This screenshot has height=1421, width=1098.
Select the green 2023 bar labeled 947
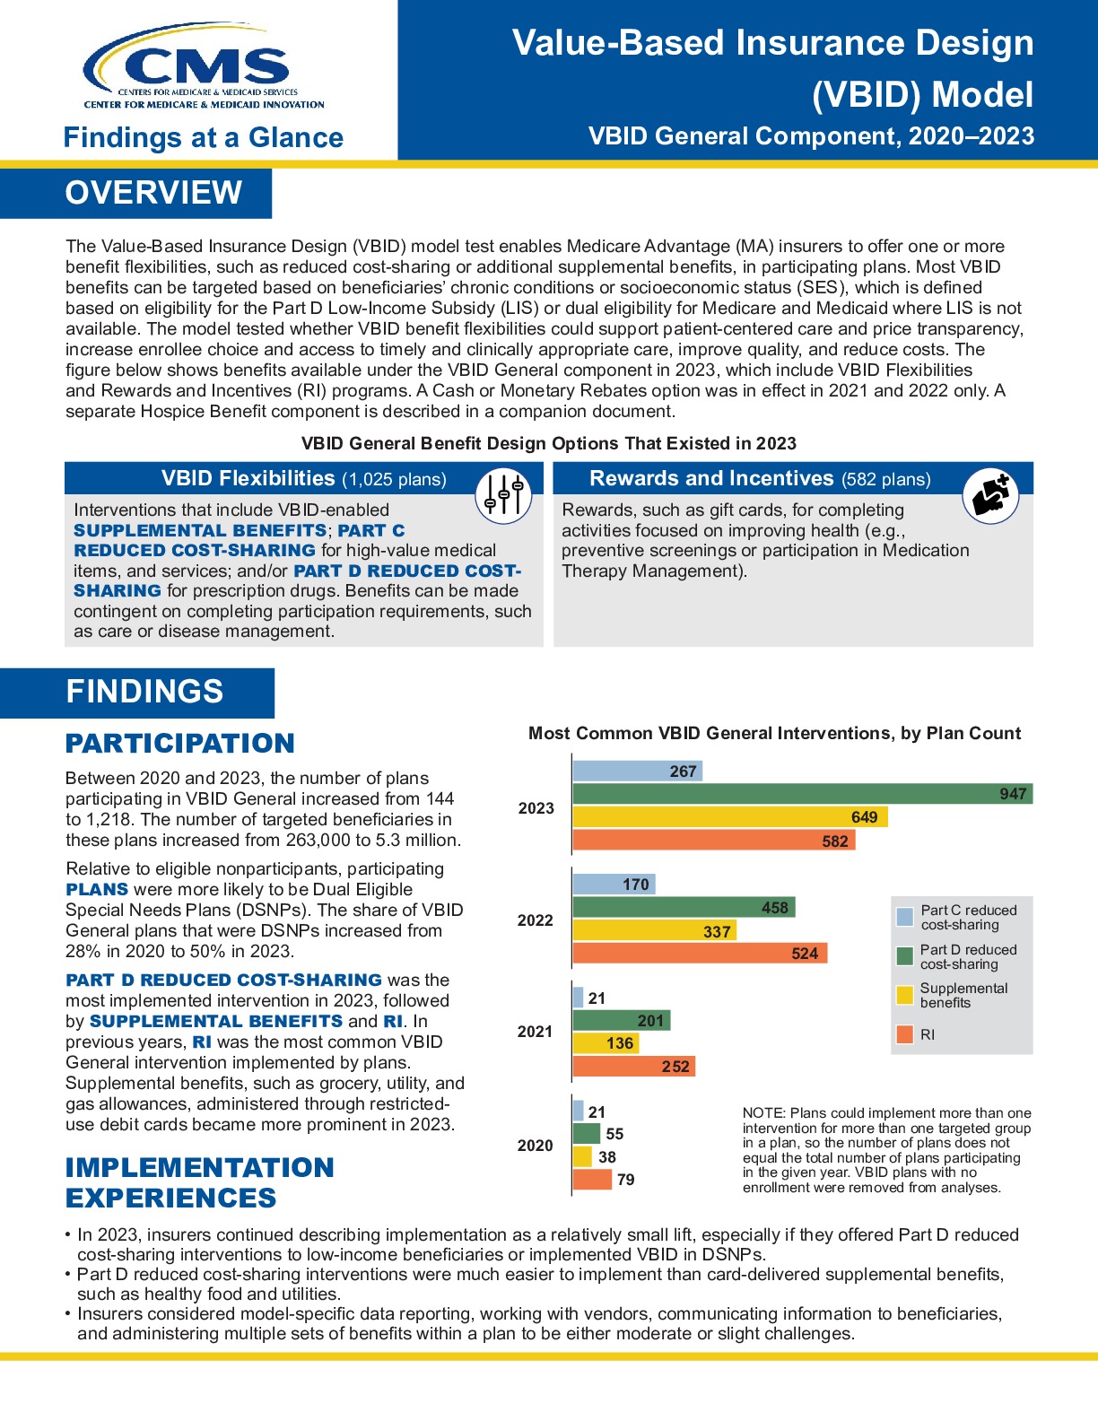coord(802,794)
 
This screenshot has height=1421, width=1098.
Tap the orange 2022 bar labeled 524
coord(699,953)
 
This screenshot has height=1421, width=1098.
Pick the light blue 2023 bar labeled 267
coord(637,771)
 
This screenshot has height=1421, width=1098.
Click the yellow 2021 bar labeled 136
coord(606,1043)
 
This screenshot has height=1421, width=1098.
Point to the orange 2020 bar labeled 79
coord(592,1180)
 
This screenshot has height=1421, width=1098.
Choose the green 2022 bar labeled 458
coord(684,907)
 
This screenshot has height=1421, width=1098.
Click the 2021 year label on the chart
coord(535,1032)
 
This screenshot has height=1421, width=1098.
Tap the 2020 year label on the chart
coord(535,1146)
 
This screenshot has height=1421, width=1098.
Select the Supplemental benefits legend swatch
coord(905,995)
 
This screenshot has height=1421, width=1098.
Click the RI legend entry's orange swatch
coord(905,1034)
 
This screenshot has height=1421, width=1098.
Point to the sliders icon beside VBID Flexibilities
coord(503,494)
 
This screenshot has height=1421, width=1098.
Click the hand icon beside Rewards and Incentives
coord(990,495)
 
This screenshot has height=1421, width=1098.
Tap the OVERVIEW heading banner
coord(153,193)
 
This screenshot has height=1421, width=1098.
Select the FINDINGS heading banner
coord(144,692)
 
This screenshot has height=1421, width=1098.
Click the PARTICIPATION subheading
coord(179,744)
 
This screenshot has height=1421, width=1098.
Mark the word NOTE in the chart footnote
coord(762,1113)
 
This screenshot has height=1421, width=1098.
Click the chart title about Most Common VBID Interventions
coord(774,733)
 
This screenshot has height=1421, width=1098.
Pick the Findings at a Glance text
coord(204,137)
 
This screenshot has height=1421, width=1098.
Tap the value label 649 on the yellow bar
coord(864,817)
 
